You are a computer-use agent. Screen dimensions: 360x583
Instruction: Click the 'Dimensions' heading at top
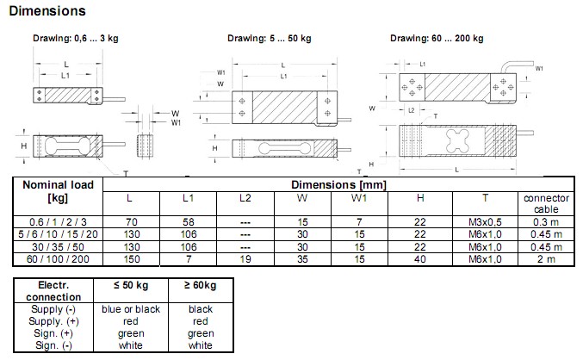(47, 11)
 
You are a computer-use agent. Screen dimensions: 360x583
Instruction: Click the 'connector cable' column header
(546, 203)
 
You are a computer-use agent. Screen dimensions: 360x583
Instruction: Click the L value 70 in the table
(130, 221)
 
